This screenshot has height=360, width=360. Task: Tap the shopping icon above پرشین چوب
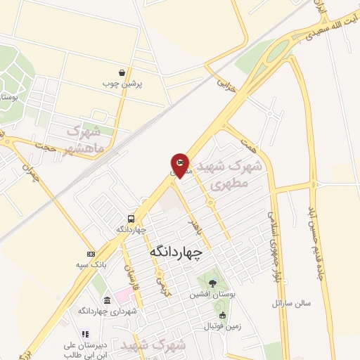pos(122,72)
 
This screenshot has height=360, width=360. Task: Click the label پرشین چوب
pos(126,84)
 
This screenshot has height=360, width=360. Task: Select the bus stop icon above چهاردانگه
pos(131,219)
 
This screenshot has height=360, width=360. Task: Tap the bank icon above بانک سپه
pos(90,254)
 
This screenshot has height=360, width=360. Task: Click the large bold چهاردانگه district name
pos(176,250)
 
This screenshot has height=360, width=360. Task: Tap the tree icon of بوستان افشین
pos(212,283)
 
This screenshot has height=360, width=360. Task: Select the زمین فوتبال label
pos(222,326)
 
